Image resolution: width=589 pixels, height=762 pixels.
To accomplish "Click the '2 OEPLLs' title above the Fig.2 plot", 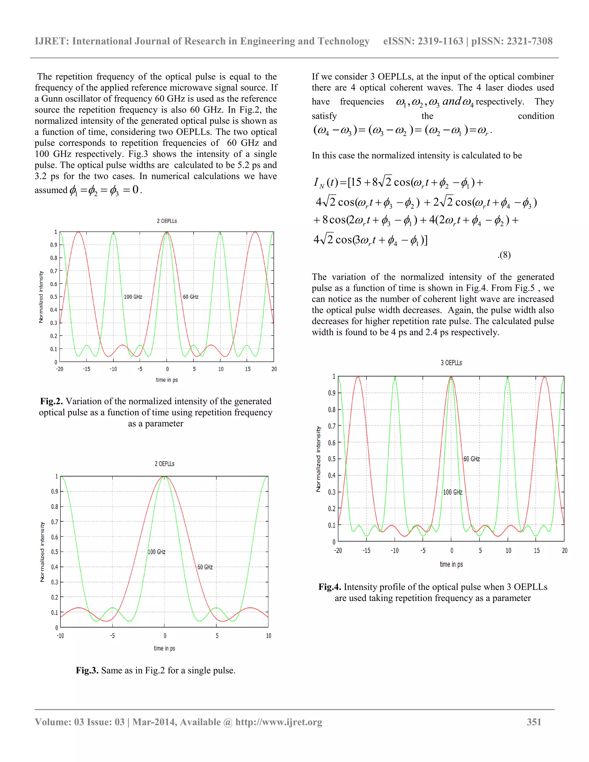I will coord(167,221).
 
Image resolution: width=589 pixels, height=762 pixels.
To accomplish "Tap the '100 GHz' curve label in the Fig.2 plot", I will coord(133,297).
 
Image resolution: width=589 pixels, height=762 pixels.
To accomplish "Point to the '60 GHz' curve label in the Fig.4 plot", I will coord(471,459).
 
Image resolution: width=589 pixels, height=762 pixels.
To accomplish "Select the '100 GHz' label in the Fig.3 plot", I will coord(156,552).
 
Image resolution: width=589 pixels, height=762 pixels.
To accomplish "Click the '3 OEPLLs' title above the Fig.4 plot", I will coord(451,363).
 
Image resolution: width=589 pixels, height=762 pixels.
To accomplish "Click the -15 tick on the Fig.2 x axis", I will coord(86,369).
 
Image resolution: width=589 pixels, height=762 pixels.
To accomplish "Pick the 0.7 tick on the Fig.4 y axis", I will coord(332,426).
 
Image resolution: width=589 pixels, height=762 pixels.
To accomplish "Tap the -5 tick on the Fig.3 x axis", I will coord(112,636).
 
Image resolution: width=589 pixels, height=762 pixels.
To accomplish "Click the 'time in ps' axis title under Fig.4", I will coord(451,564).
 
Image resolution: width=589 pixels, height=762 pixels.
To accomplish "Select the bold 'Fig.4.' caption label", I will coord(329,587).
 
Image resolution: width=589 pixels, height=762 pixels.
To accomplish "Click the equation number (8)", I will coord(504,255).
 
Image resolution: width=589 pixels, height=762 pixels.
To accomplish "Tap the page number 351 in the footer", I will coord(534,722).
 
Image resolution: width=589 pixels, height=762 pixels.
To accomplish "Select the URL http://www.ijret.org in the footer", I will coord(278,722).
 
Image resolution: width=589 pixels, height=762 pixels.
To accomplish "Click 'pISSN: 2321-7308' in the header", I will coord(512,41).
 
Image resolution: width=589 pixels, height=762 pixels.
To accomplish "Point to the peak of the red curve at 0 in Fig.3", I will coord(164,476).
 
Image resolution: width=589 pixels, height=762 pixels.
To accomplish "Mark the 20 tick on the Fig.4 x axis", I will coord(564,551).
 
